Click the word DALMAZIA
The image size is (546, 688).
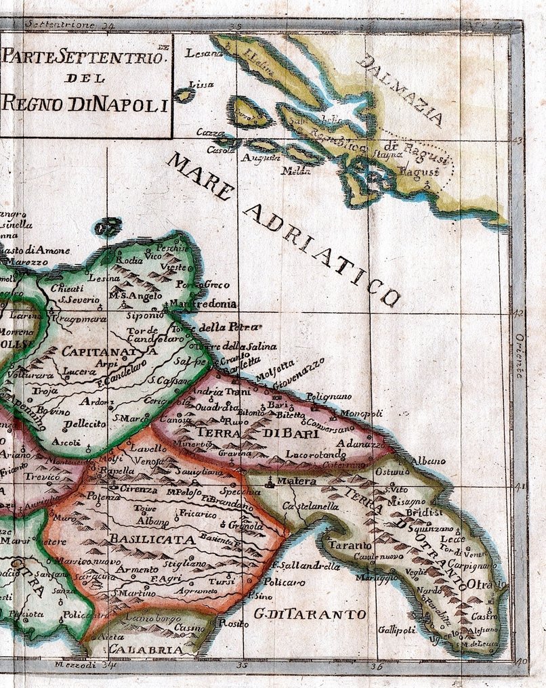click(400, 90)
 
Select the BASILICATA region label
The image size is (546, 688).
click(150, 540)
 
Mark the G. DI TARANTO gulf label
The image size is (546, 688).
click(311, 615)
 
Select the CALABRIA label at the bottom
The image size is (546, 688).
click(146, 649)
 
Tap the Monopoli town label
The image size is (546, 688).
click(361, 413)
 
